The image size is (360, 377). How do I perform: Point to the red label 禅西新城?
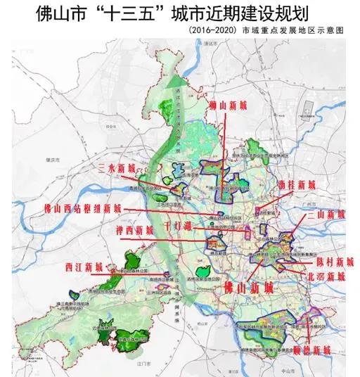tap(134, 231)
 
